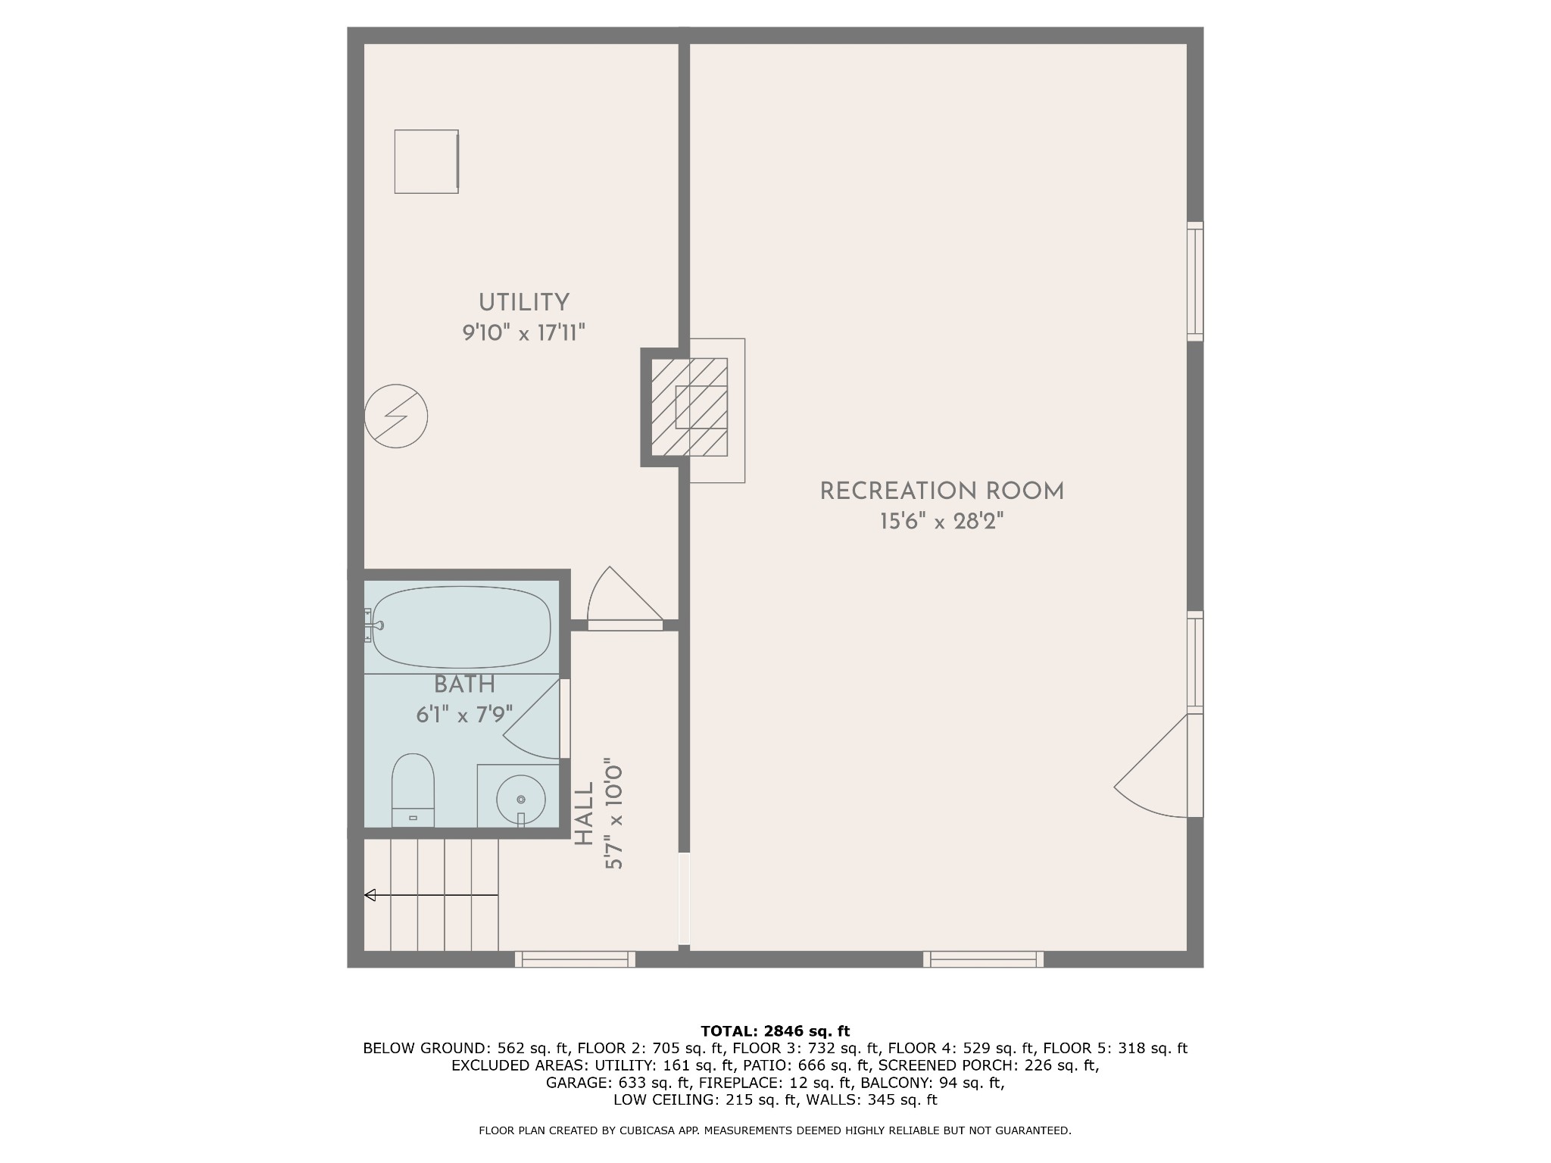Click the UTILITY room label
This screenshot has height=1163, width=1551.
tap(523, 303)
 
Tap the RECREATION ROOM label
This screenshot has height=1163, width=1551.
tap(942, 491)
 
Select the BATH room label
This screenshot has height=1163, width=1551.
tap(464, 684)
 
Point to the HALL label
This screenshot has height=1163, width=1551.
tap(584, 815)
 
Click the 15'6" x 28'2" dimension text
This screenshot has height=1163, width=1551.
tap(942, 522)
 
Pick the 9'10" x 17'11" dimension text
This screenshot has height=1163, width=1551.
tap(524, 332)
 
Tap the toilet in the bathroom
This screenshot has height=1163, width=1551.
tap(413, 790)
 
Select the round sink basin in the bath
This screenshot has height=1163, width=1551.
tap(520, 800)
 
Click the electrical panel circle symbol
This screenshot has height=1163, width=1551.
tap(396, 416)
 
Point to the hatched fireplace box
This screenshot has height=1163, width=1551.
tap(689, 407)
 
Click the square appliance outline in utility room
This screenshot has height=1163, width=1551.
tap(426, 161)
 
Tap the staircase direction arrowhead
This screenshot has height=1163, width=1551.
tap(370, 895)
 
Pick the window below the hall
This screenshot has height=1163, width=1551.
tap(576, 959)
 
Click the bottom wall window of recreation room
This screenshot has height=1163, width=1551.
tap(983, 959)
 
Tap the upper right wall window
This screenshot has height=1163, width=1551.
tap(1195, 282)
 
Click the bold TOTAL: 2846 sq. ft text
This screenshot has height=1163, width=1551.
tap(775, 1031)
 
